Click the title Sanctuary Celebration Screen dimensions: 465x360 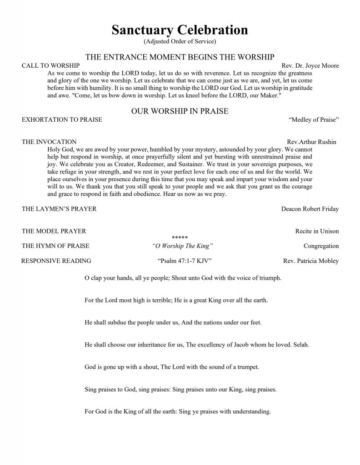(x=180, y=30)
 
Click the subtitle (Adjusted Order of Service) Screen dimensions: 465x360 (x=180, y=41)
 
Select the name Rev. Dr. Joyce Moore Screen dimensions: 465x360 (x=310, y=65)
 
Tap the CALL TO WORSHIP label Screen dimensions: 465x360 (x=45, y=65)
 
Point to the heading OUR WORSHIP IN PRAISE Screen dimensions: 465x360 (x=180, y=111)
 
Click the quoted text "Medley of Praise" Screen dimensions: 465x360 (x=314, y=120)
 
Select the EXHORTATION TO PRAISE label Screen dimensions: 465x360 (x=62, y=120)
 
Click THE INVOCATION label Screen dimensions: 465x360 (x=49, y=142)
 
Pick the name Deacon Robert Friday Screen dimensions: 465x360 (x=310, y=209)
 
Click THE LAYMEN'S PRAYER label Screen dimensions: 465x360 (x=59, y=209)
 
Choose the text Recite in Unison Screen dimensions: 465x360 (x=317, y=231)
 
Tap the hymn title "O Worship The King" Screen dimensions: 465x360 (x=183, y=246)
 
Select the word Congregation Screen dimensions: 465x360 (x=321, y=246)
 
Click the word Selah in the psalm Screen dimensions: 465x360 (x=301, y=345)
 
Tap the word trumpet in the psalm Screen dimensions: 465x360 (x=248, y=367)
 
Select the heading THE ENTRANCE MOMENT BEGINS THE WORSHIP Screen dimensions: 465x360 (x=180, y=57)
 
